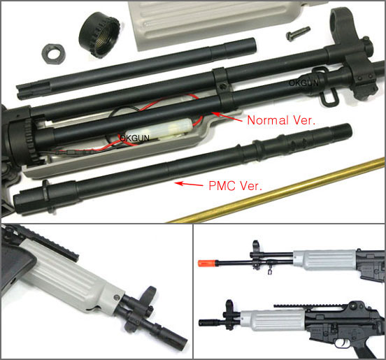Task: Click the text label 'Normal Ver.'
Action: point(281,120)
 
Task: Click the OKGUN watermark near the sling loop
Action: point(304,82)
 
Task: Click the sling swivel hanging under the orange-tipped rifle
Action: point(269,272)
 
